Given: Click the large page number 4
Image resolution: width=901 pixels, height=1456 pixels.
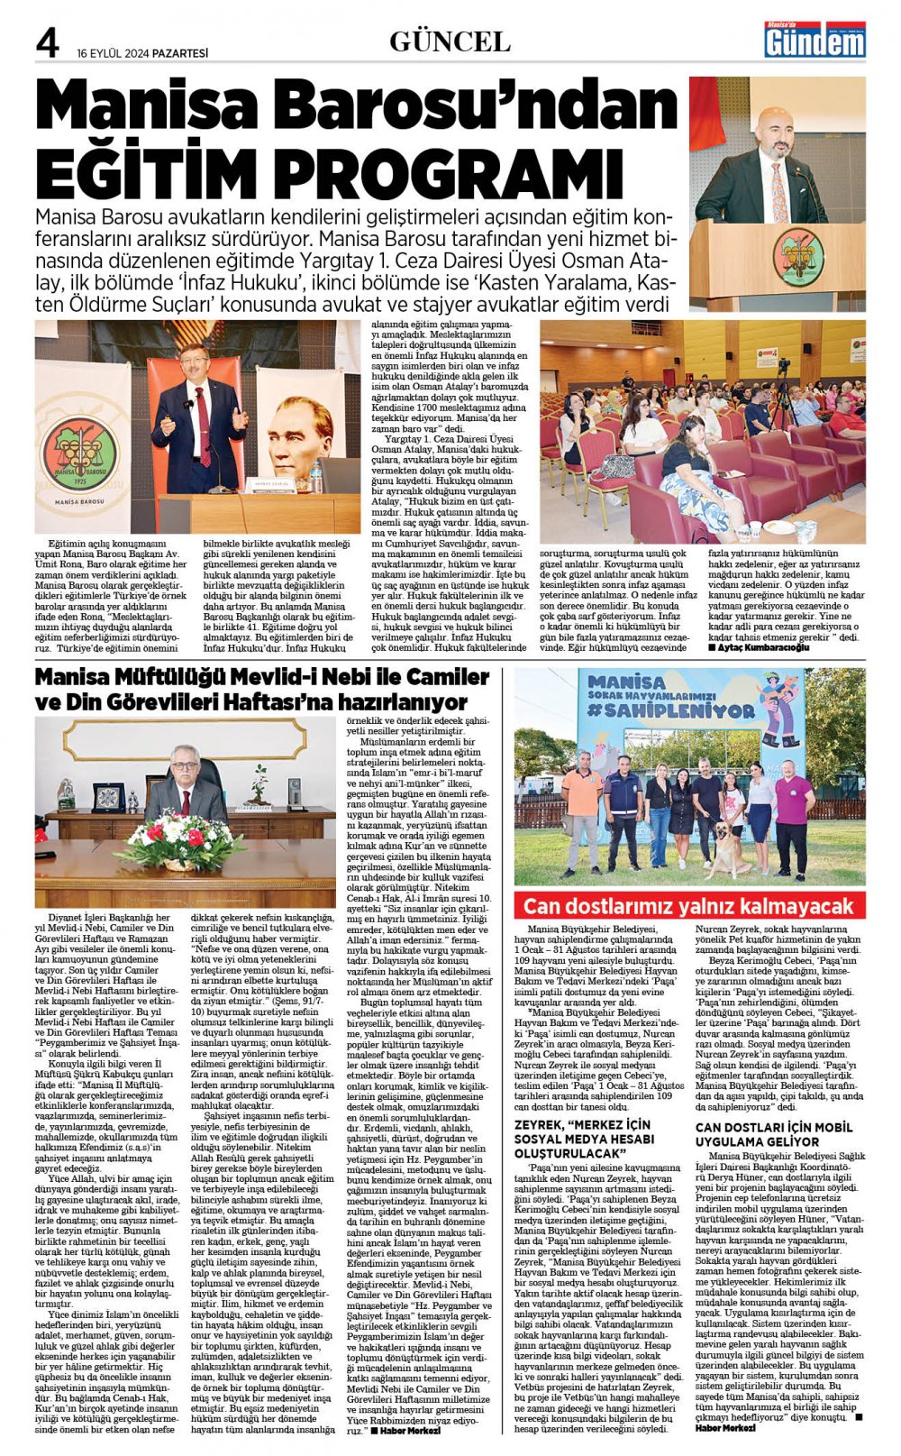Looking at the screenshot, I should coord(47,43).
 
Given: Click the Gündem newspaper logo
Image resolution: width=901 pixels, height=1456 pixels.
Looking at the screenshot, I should coord(815,40).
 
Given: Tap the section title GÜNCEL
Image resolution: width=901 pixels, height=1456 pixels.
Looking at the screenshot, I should coord(450,41).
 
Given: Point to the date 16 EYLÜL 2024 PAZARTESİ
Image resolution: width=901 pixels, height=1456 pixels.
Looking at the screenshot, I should coord(142,53).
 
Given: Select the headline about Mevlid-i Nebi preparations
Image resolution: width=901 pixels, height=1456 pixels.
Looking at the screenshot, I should coord(262,689).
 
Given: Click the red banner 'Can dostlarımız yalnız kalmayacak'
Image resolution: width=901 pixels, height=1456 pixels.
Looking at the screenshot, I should coord(688,905).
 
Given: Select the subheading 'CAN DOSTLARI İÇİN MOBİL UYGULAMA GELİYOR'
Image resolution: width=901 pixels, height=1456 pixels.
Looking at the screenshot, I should coord(773,1134).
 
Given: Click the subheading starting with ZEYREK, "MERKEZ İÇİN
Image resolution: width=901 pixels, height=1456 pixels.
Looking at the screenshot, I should coord(582,1139).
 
